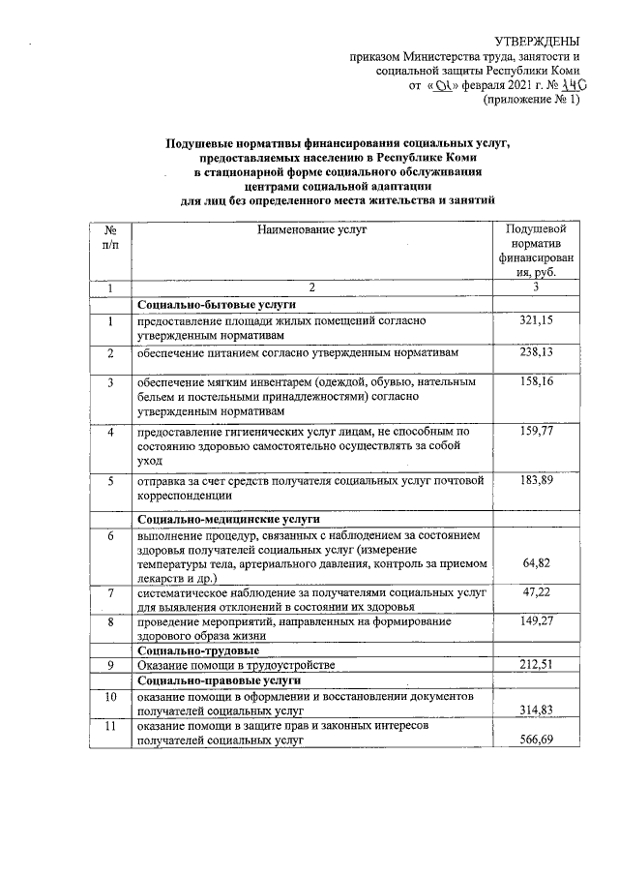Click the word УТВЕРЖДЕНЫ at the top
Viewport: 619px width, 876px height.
click(x=537, y=41)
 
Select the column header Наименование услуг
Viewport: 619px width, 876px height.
click(x=312, y=229)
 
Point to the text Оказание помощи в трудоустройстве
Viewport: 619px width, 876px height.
click(x=236, y=665)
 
